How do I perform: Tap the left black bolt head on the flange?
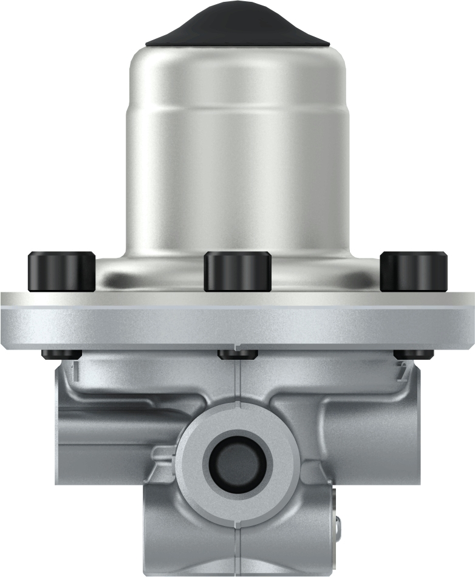61,271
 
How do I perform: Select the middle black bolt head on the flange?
237,271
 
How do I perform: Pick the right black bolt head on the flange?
414,271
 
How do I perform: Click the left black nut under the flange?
61,354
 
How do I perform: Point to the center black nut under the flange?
238,354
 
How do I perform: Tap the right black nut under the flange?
414,354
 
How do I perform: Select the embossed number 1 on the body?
75,371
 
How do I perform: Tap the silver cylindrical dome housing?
237,152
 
